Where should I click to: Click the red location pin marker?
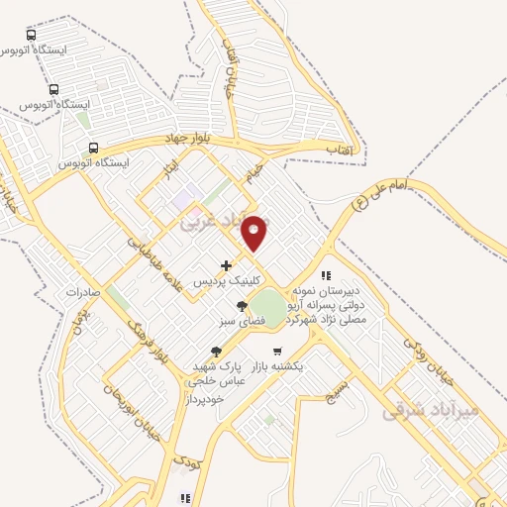[255, 232]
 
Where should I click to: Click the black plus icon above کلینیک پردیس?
[227, 265]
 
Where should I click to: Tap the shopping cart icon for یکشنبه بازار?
[278, 351]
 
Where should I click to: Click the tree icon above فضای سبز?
[241, 306]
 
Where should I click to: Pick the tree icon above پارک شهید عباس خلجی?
[217, 351]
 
